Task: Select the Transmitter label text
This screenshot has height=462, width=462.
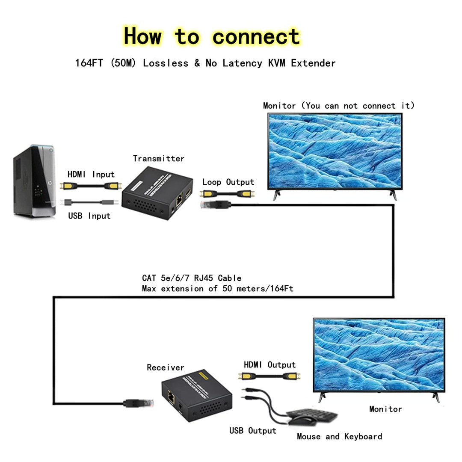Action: click(x=158, y=159)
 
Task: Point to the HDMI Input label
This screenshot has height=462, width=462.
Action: click(x=91, y=175)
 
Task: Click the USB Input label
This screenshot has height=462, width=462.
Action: click(x=89, y=216)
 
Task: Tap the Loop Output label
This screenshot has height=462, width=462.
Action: click(x=228, y=182)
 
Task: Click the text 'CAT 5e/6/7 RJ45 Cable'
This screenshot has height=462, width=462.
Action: click(x=192, y=278)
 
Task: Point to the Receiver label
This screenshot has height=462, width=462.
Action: click(x=165, y=367)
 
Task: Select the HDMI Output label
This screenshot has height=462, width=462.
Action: click(x=269, y=365)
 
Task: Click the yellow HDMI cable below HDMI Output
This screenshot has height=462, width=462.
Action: click(x=269, y=376)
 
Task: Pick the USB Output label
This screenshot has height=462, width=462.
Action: click(x=252, y=431)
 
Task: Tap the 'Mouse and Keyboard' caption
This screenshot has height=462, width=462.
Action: click(x=339, y=437)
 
